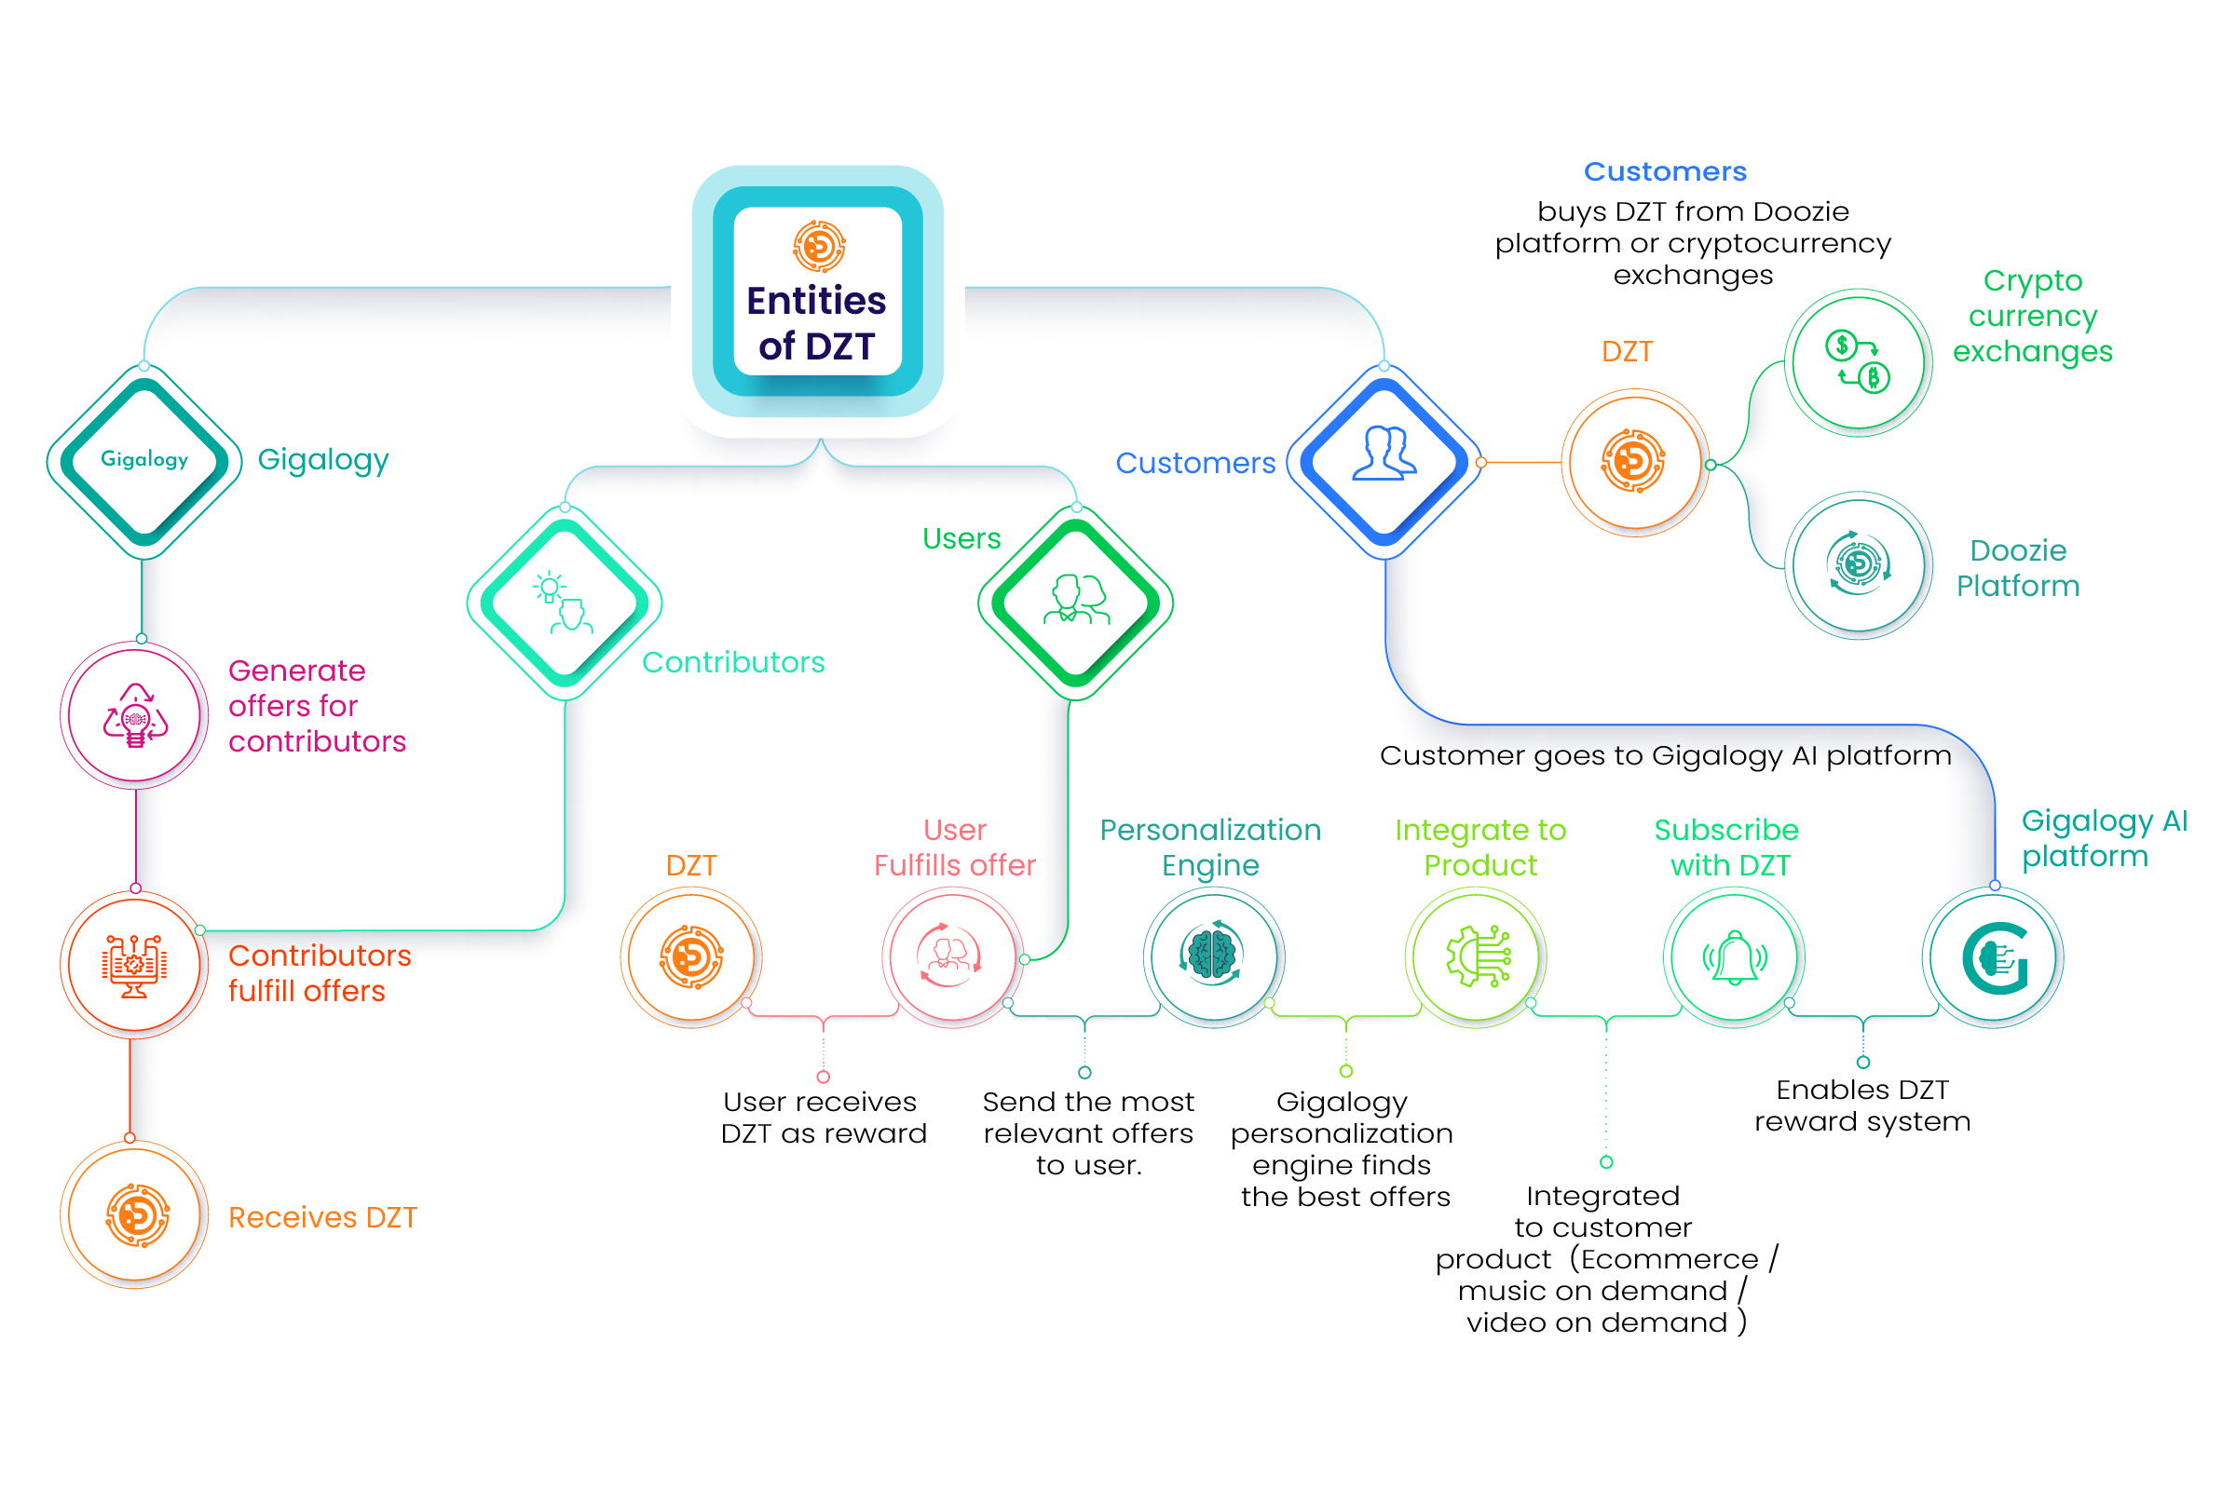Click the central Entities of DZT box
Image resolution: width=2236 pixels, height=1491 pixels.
(x=817, y=291)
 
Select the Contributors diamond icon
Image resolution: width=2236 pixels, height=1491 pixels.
(x=564, y=603)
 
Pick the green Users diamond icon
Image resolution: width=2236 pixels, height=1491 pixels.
(x=1075, y=603)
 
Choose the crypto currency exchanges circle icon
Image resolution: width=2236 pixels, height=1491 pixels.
(x=1858, y=362)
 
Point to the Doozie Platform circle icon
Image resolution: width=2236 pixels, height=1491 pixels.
(x=1858, y=565)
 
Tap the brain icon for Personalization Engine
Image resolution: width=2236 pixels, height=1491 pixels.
(x=1213, y=956)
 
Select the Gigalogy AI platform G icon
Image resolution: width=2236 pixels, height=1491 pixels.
(x=1994, y=956)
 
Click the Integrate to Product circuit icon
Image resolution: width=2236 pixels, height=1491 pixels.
(x=1475, y=956)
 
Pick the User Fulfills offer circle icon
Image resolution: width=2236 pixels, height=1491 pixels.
(x=950, y=956)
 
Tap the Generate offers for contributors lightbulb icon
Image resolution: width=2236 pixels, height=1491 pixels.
(x=135, y=715)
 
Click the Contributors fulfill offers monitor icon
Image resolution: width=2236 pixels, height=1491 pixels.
(x=134, y=964)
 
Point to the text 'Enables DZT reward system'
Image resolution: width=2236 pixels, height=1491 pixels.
(x=1861, y=1105)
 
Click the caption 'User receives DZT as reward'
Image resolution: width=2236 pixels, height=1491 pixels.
(x=823, y=1118)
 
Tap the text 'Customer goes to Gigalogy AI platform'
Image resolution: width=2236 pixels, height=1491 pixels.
(x=1664, y=755)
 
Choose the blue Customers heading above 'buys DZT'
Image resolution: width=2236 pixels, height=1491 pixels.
(x=1664, y=172)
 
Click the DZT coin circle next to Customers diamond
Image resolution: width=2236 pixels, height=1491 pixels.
(x=1634, y=462)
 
